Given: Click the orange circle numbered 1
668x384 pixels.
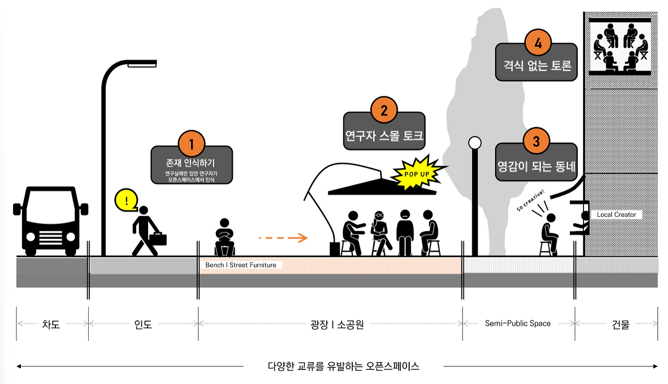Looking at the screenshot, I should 191,143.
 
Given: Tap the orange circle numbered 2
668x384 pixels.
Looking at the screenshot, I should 384,110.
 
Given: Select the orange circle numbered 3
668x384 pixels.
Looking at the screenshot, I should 536,141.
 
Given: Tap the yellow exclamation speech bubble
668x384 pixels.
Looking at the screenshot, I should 126,200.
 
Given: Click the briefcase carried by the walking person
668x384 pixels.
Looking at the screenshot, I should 158,239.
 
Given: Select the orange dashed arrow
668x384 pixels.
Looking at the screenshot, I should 283,238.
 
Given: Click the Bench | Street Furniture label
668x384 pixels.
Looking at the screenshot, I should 241,265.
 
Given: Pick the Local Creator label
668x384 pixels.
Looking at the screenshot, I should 616,215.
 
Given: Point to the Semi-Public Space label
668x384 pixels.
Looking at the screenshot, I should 518,324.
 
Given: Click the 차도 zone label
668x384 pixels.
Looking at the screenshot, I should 51,324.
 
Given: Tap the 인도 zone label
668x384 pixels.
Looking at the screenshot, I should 143,324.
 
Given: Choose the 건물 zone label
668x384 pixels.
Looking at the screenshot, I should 621,324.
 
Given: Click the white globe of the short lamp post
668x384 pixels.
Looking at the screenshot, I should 474,142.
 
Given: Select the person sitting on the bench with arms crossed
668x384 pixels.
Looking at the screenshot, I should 225,237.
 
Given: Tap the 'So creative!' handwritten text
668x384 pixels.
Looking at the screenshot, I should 531,201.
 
